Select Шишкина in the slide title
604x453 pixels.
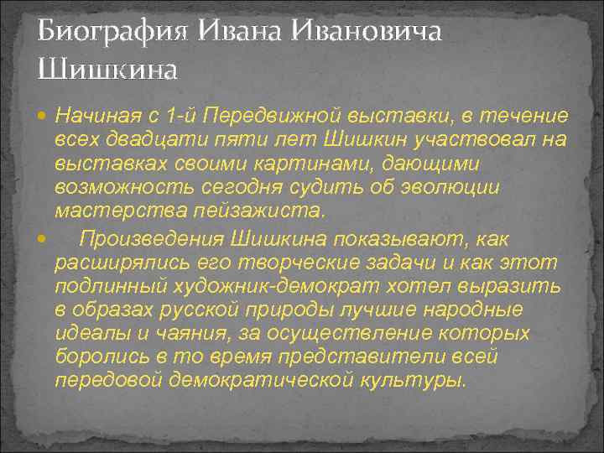[x=107, y=67]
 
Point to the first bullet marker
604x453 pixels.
[x=44, y=114]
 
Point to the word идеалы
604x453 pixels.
[x=88, y=334]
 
